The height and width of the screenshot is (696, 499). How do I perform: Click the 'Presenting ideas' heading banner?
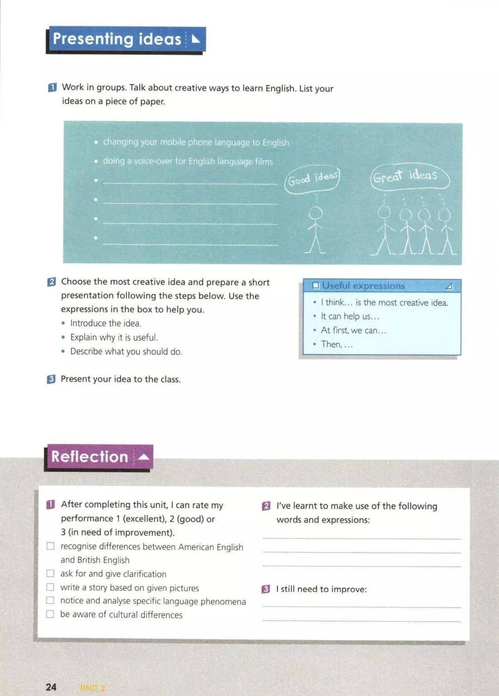click(117, 39)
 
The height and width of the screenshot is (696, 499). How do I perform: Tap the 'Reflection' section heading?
click(90, 457)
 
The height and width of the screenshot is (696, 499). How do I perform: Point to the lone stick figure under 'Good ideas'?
click(316, 230)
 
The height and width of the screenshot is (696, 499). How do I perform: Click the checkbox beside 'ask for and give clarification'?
click(50, 574)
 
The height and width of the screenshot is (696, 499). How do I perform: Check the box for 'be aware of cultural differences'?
click(50, 614)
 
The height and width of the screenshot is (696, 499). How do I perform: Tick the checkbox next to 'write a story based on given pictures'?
click(50, 587)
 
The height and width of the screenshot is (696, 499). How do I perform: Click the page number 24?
click(51, 687)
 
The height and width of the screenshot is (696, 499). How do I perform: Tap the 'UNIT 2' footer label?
click(92, 688)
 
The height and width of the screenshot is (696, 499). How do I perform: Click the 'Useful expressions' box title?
click(363, 286)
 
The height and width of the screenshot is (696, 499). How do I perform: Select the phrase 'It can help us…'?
click(350, 317)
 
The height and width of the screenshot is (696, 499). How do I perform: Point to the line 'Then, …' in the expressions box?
click(336, 344)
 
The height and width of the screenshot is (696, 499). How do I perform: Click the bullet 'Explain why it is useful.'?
click(114, 337)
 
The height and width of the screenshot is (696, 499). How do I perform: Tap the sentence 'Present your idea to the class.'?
click(121, 379)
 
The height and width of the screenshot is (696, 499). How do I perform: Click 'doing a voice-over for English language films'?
click(188, 161)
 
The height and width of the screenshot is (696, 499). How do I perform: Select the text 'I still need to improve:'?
click(321, 589)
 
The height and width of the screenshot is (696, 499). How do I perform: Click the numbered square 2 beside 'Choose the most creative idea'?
click(51, 282)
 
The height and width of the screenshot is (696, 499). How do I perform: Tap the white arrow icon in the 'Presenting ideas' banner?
click(196, 39)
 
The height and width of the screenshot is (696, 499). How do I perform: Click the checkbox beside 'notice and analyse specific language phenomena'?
click(50, 600)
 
